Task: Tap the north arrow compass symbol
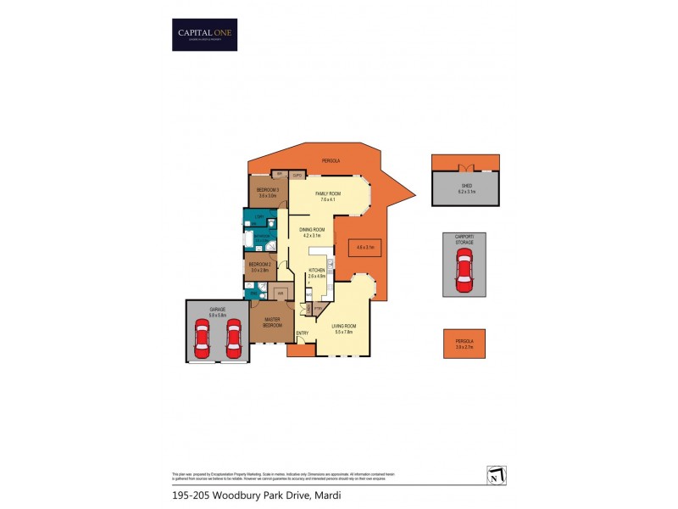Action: pyautogui.click(x=496, y=476)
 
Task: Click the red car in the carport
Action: pyautogui.click(x=464, y=272)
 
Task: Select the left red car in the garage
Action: pyautogui.click(x=203, y=338)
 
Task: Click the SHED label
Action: pyautogui.click(x=466, y=189)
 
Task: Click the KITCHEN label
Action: pyautogui.click(x=316, y=273)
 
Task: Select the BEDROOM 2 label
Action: pyautogui.click(x=259, y=266)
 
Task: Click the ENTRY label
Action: pyautogui.click(x=302, y=333)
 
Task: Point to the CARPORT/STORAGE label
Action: pyautogui.click(x=464, y=240)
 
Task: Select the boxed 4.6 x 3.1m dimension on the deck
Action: pyautogui.click(x=364, y=247)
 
